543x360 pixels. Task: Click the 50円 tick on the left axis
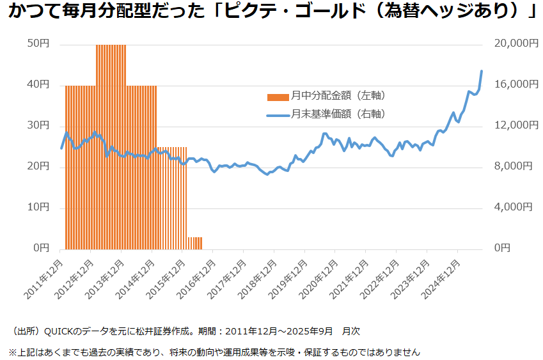click(x=39, y=43)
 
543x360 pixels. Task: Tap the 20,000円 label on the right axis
click(x=512, y=43)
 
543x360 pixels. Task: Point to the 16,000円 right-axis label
click(x=512, y=84)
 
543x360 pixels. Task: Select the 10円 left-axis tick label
click(x=39, y=207)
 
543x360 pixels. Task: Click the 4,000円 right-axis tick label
click(x=514, y=207)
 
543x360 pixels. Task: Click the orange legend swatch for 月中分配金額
click(x=278, y=97)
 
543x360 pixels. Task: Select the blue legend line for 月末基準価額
click(x=278, y=115)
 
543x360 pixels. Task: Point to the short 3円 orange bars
click(x=194, y=243)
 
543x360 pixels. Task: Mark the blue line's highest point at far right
click(x=481, y=71)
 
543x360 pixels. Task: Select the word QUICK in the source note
click(x=63, y=331)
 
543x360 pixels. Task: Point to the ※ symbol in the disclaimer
click(x=12, y=352)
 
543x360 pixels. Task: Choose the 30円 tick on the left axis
click(x=39, y=125)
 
